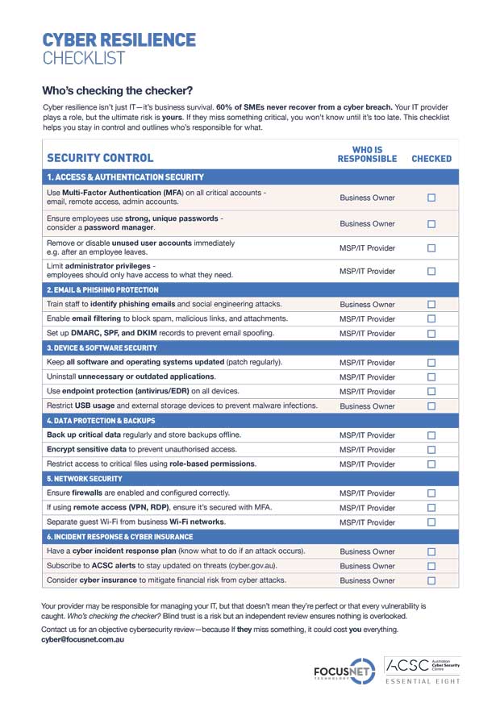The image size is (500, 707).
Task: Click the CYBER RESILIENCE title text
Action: (119, 40)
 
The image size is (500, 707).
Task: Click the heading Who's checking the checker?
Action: (117, 90)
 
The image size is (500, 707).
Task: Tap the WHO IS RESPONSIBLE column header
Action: (367, 154)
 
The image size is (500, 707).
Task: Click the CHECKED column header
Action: (431, 159)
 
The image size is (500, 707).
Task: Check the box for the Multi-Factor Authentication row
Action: (431, 198)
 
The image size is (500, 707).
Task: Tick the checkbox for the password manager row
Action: (431, 223)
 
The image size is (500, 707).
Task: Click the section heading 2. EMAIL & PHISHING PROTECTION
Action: (102, 289)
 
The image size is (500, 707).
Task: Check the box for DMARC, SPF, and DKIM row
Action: (431, 333)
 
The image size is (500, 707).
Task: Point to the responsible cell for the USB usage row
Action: (367, 406)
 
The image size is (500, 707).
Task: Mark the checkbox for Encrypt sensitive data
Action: (431, 450)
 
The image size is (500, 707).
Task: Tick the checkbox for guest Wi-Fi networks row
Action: (431, 522)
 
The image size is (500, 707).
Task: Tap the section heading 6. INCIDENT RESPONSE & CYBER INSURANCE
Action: (120, 537)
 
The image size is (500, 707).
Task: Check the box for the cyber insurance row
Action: (431, 580)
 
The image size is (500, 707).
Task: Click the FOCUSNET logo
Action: (343, 671)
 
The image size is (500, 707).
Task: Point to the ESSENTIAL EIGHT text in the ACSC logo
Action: (423, 682)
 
